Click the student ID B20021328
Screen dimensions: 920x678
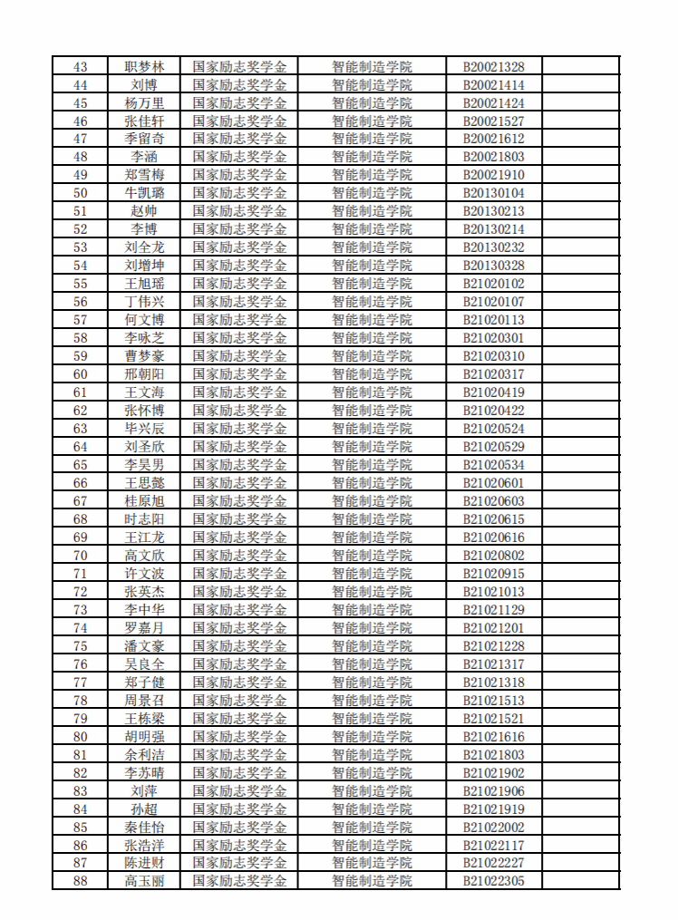494,66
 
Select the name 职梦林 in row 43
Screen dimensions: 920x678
144,66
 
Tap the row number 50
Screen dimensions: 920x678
80,193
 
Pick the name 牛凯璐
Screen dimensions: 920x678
144,193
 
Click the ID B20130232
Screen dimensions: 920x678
494,247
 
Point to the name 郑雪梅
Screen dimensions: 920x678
144,175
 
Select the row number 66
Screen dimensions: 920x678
80,483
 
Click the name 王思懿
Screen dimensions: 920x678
144,483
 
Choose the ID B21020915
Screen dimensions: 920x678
494,574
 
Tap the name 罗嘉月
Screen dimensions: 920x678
144,628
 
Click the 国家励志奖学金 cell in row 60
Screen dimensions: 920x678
239,374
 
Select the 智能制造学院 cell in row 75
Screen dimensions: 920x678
372,646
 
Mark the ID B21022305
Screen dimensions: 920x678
494,881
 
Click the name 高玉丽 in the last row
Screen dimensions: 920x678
144,881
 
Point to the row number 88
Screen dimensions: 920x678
80,881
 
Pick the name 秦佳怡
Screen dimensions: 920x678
144,828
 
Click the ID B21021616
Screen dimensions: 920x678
494,737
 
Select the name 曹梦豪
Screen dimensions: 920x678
144,356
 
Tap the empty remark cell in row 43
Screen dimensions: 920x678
581,66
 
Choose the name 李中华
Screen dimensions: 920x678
144,610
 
